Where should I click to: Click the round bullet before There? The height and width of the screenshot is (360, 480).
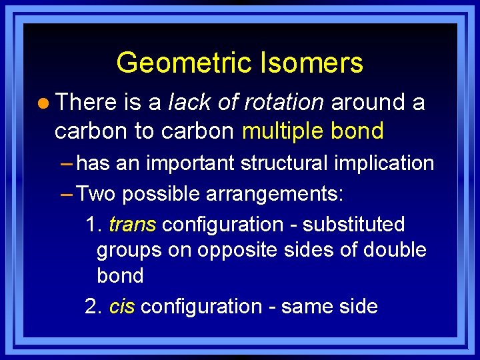pos(43,103)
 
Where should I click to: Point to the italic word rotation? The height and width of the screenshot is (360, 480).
pos(283,102)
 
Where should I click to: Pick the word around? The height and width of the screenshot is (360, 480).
pos(369,102)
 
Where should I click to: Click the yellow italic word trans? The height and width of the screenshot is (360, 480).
pos(132,224)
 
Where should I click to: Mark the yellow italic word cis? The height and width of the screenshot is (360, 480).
pos(121,307)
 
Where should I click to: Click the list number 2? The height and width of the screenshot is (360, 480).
pos(93,307)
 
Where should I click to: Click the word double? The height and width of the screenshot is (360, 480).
pos(395,250)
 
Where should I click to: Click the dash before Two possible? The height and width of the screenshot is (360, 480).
pos(67,194)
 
